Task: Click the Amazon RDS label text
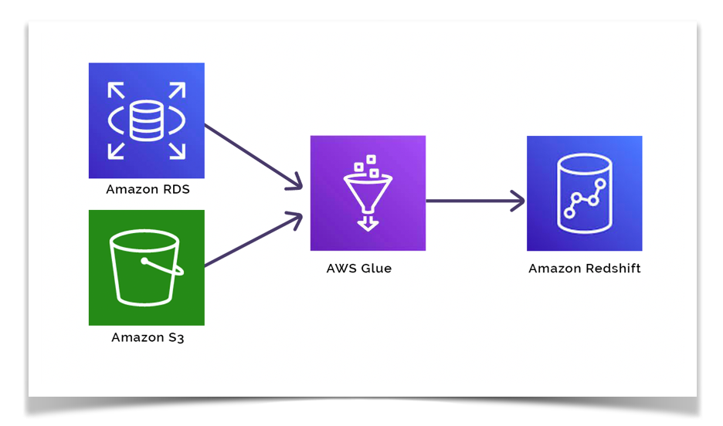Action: [x=148, y=189]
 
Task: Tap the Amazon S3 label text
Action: [x=148, y=337]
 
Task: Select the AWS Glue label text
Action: [x=358, y=269]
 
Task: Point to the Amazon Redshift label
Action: [x=585, y=269]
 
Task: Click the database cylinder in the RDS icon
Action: [x=146, y=120]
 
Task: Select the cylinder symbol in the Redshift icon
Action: [x=585, y=194]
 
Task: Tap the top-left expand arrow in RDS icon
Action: [x=116, y=91]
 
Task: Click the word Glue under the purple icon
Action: [x=375, y=269]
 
